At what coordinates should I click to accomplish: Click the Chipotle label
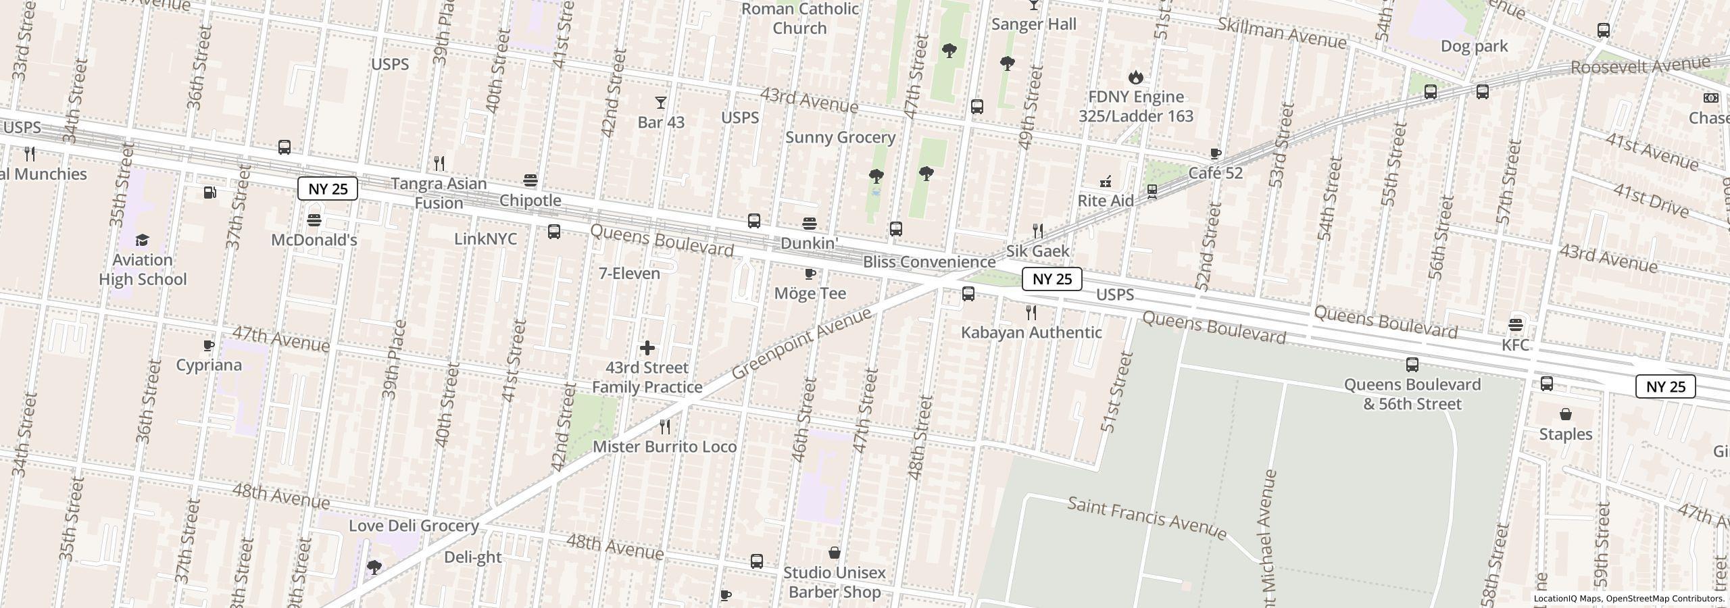point(530,201)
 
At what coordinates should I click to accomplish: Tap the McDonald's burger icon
point(314,220)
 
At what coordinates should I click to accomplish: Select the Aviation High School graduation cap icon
point(142,240)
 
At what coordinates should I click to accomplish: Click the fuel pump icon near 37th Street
point(209,193)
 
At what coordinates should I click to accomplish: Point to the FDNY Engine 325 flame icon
point(1136,78)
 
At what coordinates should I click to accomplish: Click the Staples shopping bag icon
point(1566,414)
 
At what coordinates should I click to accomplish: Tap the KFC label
point(1515,345)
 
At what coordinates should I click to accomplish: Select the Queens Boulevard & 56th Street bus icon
point(1412,365)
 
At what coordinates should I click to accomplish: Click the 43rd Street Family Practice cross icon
point(647,348)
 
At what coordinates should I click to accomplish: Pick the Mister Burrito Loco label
point(665,447)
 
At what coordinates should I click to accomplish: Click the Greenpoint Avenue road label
point(801,345)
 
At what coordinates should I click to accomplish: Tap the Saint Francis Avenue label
point(1147,519)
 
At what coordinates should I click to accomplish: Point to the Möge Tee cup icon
point(810,274)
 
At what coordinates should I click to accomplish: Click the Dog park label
point(1474,46)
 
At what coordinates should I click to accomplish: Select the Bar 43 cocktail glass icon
point(661,103)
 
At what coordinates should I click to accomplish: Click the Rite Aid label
point(1106,201)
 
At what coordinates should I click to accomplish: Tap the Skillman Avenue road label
point(1281,33)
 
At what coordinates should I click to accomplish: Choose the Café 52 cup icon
point(1215,153)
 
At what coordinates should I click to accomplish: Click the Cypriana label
point(209,365)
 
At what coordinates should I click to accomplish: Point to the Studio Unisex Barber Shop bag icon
point(835,553)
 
